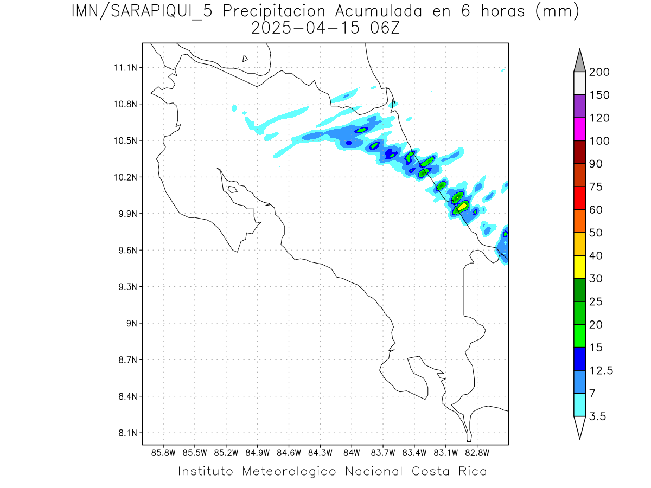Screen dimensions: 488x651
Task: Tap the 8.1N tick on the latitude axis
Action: click(125, 433)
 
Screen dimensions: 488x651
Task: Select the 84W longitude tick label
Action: click(352, 453)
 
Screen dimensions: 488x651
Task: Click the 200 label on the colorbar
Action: click(599, 72)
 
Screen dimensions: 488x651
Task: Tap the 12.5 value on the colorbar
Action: click(601, 370)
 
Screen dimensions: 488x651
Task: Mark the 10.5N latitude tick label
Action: click(125, 141)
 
